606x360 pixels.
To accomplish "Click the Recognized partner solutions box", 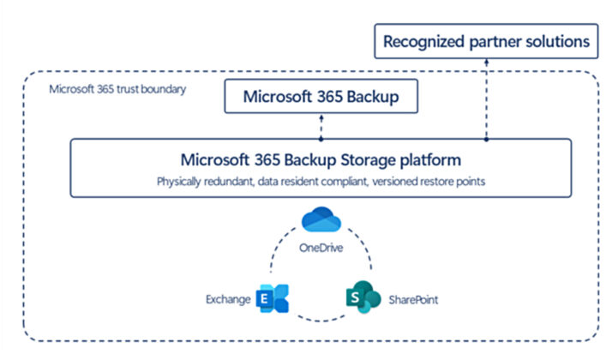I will tap(487, 40).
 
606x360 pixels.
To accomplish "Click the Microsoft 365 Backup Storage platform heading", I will tap(321, 159).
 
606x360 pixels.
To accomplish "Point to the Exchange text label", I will tap(227, 300).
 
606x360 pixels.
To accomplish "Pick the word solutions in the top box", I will tap(559, 40).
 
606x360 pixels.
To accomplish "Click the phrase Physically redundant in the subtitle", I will tap(205, 182).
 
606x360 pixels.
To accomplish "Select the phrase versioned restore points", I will tap(428, 182).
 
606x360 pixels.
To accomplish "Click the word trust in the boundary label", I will tap(131, 89).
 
